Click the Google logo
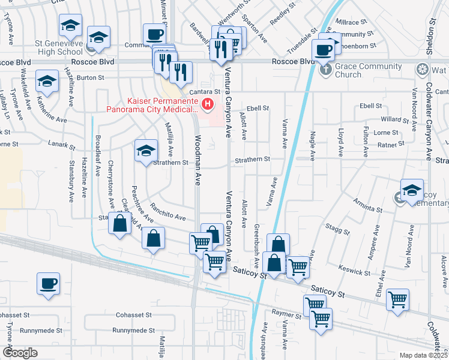coord(20,353)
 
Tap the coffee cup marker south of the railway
coord(48,284)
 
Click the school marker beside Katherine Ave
coord(47,81)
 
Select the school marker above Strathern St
coord(146,151)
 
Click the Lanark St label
coord(62,146)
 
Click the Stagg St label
coord(337,229)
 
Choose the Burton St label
coord(91,77)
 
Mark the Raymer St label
coord(285,313)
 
